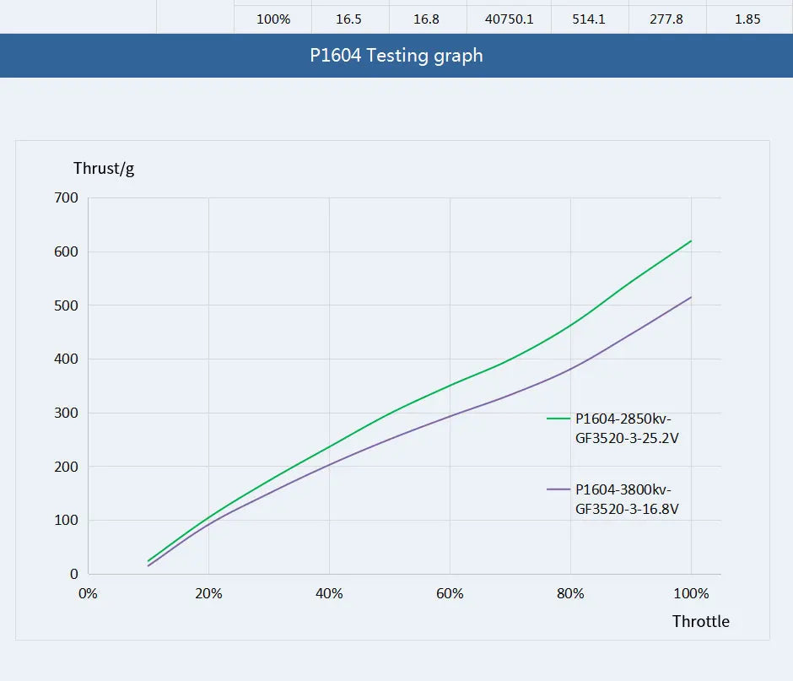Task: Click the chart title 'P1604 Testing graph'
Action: (396, 56)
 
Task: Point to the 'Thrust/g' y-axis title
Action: (104, 168)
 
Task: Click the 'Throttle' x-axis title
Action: (700, 622)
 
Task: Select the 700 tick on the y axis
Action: (66, 197)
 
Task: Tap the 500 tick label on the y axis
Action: (66, 305)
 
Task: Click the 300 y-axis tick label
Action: (66, 413)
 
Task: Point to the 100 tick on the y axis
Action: (66, 521)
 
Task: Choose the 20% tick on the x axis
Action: (208, 593)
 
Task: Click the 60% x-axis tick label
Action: (450, 593)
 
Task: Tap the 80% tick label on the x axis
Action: (570, 593)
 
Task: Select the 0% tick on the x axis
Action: (88, 593)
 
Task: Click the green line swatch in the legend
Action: (558, 418)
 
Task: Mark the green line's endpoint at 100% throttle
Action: (691, 241)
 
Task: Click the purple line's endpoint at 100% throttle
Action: (691, 297)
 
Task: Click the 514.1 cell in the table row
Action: (590, 19)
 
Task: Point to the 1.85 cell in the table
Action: (747, 19)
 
